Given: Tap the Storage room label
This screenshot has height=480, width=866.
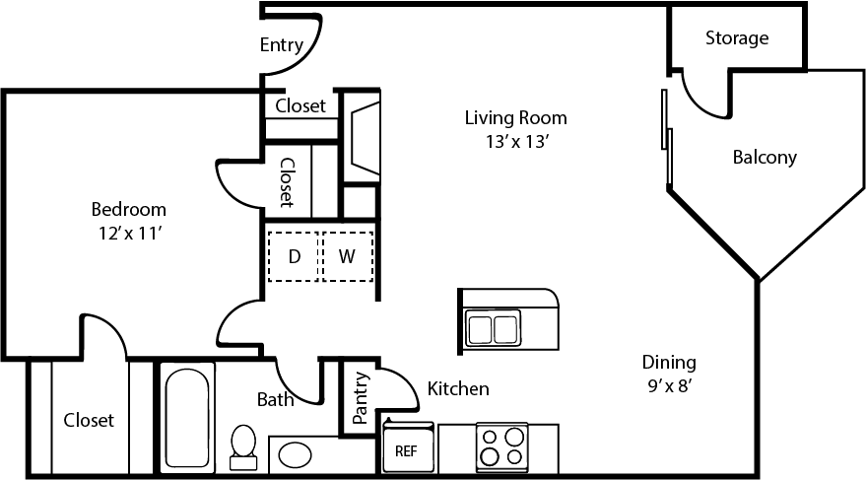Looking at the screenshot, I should (736, 38).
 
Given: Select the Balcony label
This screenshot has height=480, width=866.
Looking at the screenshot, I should (764, 157).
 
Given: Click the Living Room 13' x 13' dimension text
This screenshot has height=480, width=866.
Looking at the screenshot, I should (515, 141).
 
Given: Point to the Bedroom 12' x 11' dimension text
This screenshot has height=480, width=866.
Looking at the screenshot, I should (128, 234).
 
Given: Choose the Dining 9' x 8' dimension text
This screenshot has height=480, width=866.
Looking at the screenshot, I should (669, 385).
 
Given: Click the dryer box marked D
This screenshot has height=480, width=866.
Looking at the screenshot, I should (294, 257).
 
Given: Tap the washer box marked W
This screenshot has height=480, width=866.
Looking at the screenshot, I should (347, 257).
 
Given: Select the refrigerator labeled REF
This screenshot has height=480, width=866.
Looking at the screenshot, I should (407, 450).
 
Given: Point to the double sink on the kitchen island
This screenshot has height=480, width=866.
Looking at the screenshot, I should (493, 328).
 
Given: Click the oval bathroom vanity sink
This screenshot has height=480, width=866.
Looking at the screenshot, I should (295, 454).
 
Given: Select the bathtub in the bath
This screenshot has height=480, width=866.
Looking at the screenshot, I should (185, 417).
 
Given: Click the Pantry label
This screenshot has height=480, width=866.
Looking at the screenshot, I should (361, 397).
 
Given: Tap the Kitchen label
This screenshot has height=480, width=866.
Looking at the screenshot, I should (458, 389).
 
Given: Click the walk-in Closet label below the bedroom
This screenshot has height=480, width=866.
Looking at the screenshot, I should (89, 420).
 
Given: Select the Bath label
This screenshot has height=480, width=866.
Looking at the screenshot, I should (275, 399).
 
